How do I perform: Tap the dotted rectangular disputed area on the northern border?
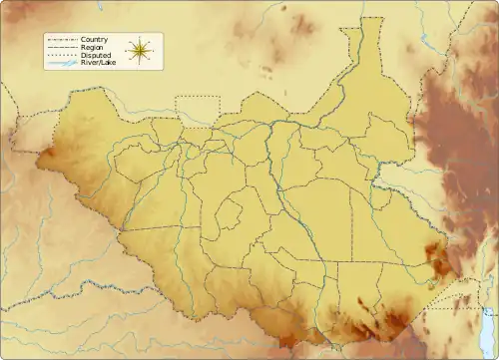[197, 111]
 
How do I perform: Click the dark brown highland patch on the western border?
[47, 157]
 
